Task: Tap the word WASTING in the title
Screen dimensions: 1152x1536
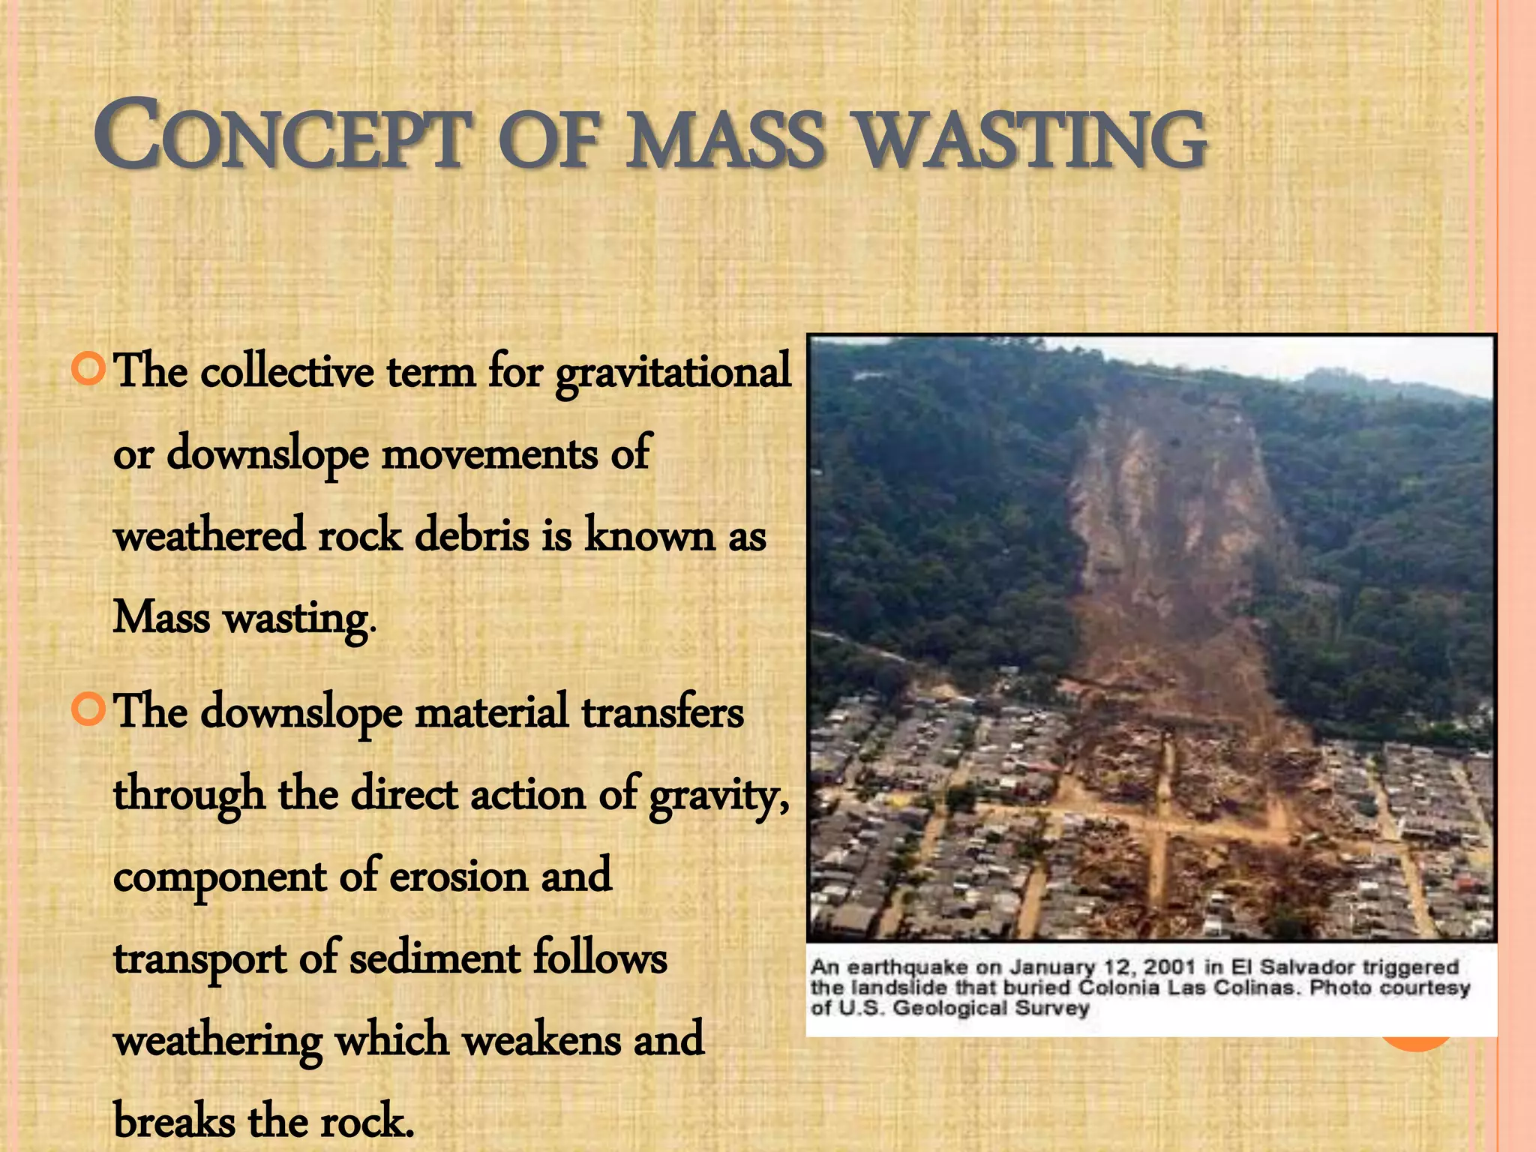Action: [x=1032, y=139]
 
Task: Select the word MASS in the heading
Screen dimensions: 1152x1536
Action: [x=725, y=139]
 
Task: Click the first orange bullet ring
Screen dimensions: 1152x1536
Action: [x=88, y=368]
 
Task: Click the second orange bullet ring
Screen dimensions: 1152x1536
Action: [x=88, y=709]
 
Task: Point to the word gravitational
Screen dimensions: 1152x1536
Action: [x=673, y=372]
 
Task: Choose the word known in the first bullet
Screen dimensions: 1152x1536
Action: [x=649, y=536]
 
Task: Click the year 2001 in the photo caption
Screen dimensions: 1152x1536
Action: [x=1170, y=967]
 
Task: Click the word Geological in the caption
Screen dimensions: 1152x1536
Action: [x=949, y=1008]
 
